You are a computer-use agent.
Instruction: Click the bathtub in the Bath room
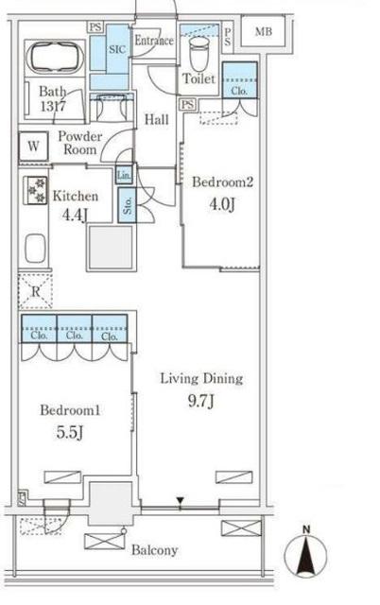56,58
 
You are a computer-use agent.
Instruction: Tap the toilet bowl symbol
199,54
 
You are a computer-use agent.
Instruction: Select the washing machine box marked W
34,147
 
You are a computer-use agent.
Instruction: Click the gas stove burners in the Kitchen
36,190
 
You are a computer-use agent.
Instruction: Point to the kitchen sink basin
35,248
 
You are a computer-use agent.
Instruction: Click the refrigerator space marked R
35,291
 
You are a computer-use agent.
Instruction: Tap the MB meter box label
264,31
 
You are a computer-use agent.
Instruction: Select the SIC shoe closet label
117,49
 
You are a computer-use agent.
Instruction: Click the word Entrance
154,40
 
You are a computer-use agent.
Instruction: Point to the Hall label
157,119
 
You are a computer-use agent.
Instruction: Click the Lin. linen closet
124,175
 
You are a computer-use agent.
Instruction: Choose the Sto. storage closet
128,205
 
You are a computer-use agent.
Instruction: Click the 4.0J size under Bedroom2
221,205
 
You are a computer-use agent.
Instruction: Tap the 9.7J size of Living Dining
201,401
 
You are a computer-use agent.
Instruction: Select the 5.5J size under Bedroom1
70,433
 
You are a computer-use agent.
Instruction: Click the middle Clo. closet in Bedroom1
75,329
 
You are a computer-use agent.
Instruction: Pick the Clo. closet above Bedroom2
239,80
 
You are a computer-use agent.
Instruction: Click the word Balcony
155,550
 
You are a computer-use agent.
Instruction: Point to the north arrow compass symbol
306,552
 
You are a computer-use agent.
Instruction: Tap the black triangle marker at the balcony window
181,501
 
